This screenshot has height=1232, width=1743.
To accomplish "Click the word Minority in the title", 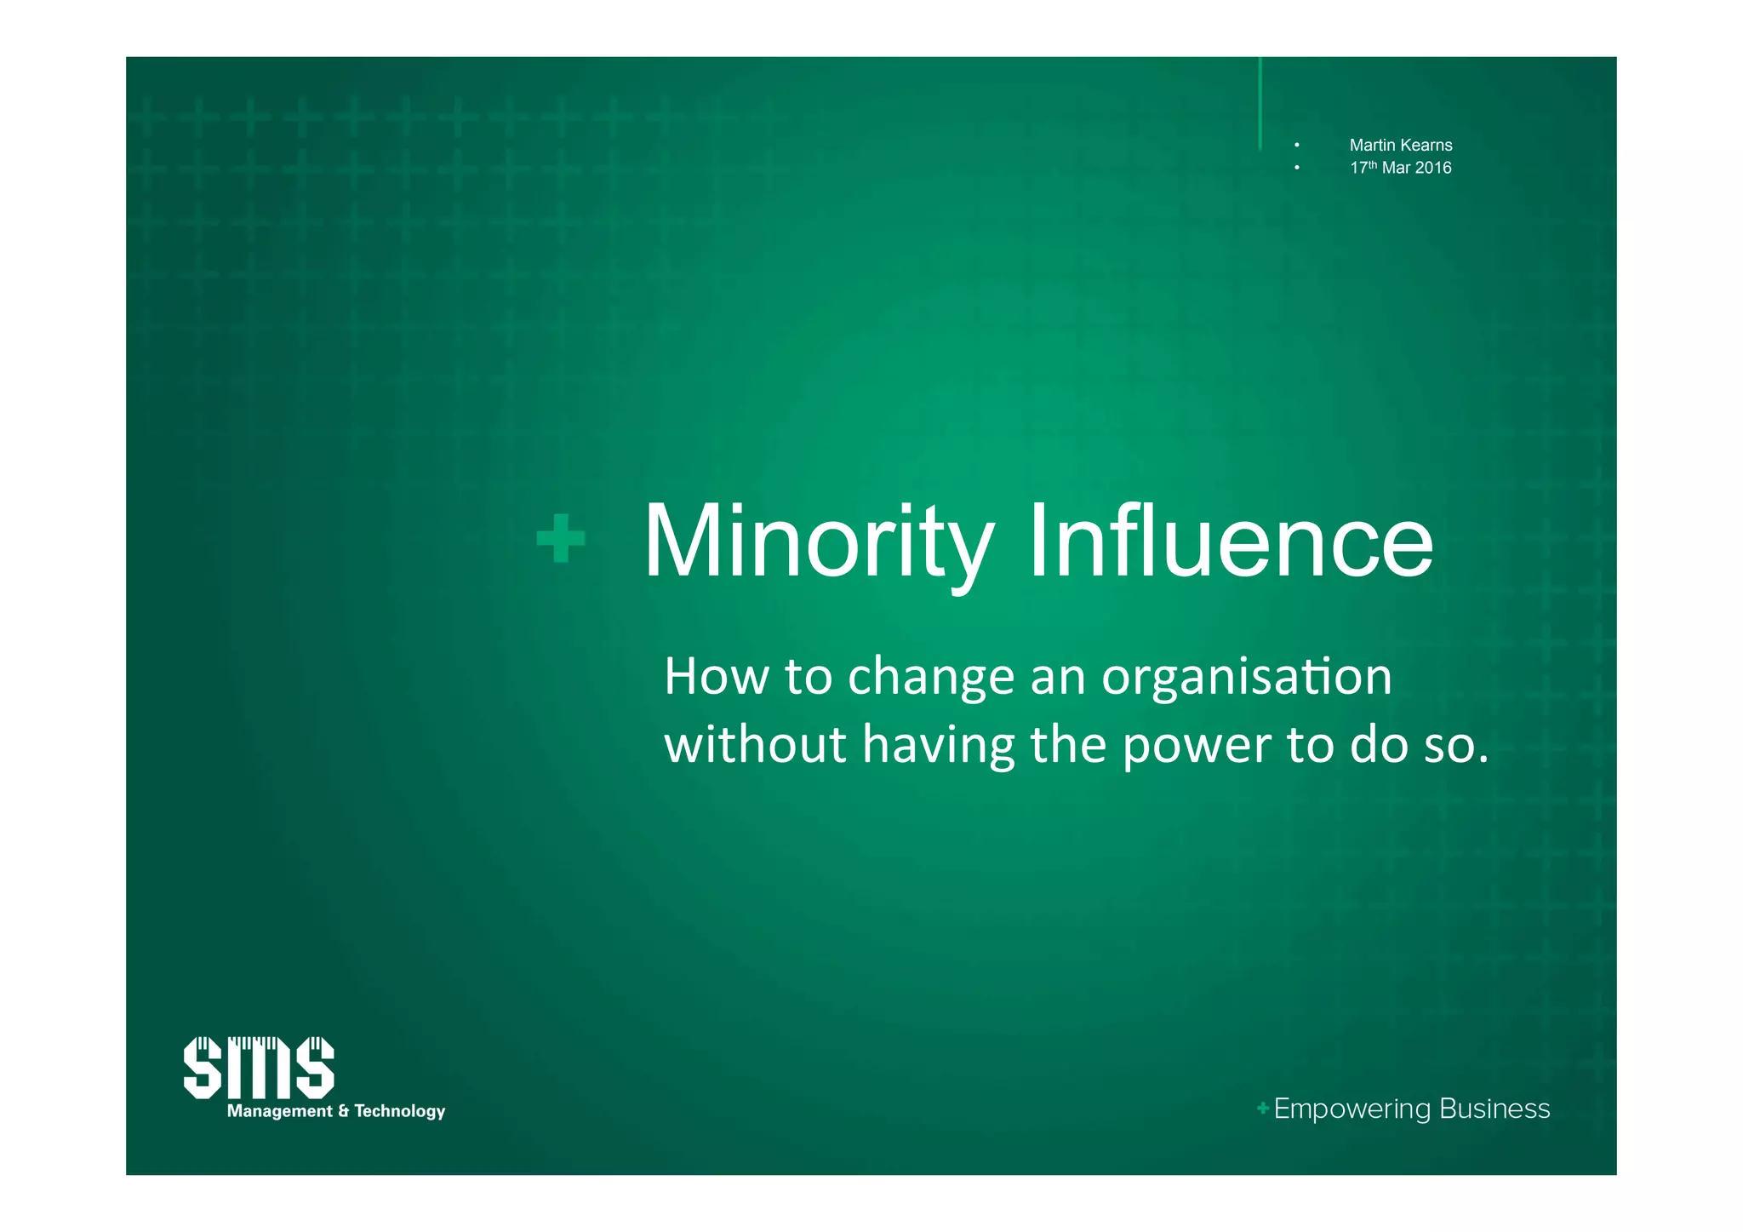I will click(818, 542).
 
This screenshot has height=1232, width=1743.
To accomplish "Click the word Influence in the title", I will click(1230, 542).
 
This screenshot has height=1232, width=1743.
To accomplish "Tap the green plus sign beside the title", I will click(561, 538).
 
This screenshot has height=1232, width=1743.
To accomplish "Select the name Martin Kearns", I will click(1400, 146).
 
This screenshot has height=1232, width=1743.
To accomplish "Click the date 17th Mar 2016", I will click(1400, 168).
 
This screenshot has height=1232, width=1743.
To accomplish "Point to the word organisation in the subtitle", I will click(1246, 678).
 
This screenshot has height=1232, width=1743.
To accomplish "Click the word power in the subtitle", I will click(1197, 746).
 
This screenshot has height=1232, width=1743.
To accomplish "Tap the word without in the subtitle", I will click(755, 745).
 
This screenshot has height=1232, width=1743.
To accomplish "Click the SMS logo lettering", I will click(259, 1068).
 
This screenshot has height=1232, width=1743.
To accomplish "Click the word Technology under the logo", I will click(399, 1111).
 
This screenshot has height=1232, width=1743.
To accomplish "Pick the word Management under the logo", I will click(279, 1111).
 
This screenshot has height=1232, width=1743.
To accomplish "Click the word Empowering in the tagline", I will click(1352, 1109).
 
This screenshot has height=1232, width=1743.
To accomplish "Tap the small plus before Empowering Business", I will click(1263, 1108).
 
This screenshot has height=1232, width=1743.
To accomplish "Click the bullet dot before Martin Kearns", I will click(1296, 146).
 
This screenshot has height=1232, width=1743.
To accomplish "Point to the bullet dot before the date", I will click(1296, 168).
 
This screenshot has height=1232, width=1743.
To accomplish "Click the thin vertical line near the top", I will click(1260, 102).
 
